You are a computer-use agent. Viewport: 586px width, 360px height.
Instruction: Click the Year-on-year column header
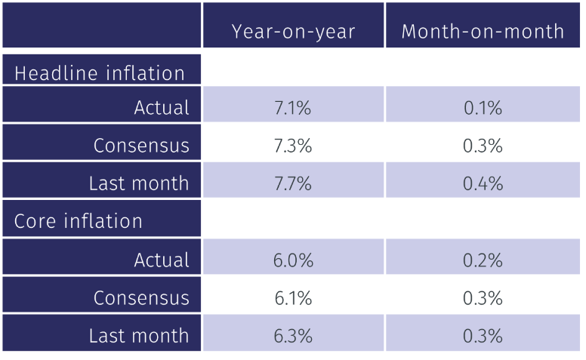pos(293,31)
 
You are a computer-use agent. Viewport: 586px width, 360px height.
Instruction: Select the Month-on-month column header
pos(483,31)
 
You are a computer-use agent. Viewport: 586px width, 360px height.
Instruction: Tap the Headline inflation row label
pos(100,73)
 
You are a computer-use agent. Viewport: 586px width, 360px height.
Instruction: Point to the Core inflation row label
pos(79,221)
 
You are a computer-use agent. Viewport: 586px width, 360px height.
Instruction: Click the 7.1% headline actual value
pos(293,108)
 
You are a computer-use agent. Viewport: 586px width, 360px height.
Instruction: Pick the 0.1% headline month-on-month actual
pos(483,108)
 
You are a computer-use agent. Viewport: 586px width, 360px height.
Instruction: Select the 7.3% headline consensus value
pos(293,146)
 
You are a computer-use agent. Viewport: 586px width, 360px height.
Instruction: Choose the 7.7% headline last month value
pos(293,183)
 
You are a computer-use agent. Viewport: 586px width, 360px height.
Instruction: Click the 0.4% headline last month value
pos(483,183)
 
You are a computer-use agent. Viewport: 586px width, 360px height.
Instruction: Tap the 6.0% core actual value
pos(293,260)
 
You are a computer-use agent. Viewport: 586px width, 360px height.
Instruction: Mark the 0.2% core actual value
pos(483,260)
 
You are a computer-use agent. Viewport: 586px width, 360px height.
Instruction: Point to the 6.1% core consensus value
pos(293,298)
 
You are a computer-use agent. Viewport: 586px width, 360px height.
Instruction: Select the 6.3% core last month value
pos(293,336)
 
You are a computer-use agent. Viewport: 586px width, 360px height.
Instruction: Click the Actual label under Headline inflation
pos(162,108)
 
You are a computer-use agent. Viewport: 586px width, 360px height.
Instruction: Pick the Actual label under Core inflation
pos(162,260)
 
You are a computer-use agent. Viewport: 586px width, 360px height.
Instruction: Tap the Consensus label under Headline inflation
pos(141,146)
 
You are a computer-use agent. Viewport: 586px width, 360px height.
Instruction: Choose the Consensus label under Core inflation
pos(141,298)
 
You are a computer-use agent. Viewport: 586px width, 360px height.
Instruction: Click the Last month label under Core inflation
pos(139,336)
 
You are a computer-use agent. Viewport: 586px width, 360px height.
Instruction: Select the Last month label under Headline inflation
pos(139,183)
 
